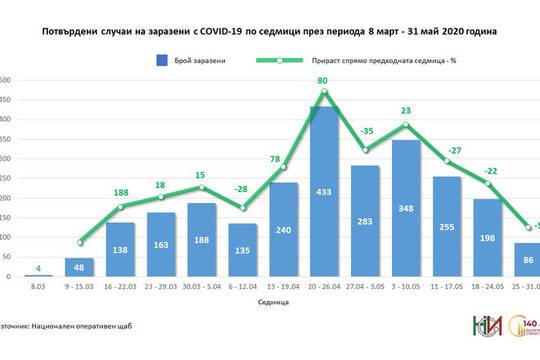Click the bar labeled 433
tap(323, 190)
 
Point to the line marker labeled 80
tap(323, 93)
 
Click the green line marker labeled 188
tap(120, 207)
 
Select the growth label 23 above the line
tap(407, 111)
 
